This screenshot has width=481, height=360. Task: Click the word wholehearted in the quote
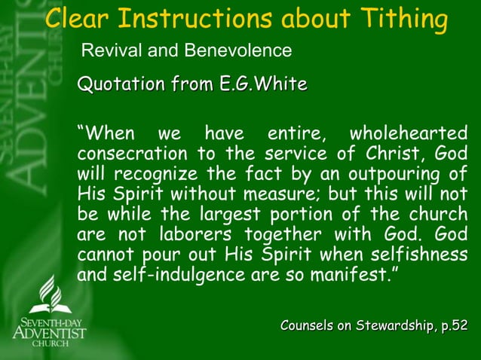[408, 135]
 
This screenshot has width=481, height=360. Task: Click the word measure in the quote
[240, 194]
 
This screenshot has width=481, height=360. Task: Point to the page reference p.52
[453, 325]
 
